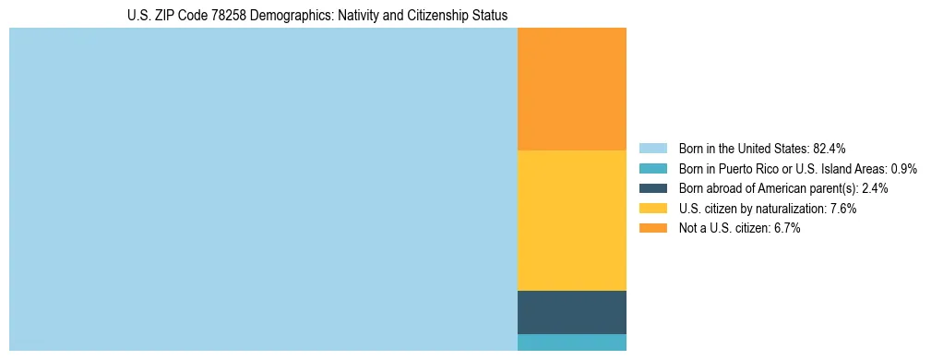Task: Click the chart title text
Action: pyautogui.click(x=316, y=16)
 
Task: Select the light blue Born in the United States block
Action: pyautogui.click(x=263, y=189)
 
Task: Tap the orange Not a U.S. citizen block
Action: pyautogui.click(x=572, y=89)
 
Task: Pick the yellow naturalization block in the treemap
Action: pyautogui.click(x=572, y=220)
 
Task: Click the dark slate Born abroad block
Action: pyautogui.click(x=572, y=312)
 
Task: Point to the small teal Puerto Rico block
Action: pyautogui.click(x=572, y=342)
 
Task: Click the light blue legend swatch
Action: pyautogui.click(x=652, y=149)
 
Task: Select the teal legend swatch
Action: pyautogui.click(x=652, y=169)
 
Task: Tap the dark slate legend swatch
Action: pyautogui.click(x=652, y=188)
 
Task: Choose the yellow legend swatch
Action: pyautogui.click(x=652, y=209)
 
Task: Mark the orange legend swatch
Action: pyautogui.click(x=652, y=229)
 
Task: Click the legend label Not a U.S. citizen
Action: pyautogui.click(x=723, y=229)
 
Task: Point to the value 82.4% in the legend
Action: pyautogui.click(x=830, y=149)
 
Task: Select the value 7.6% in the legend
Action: pyautogui.click(x=841, y=209)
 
